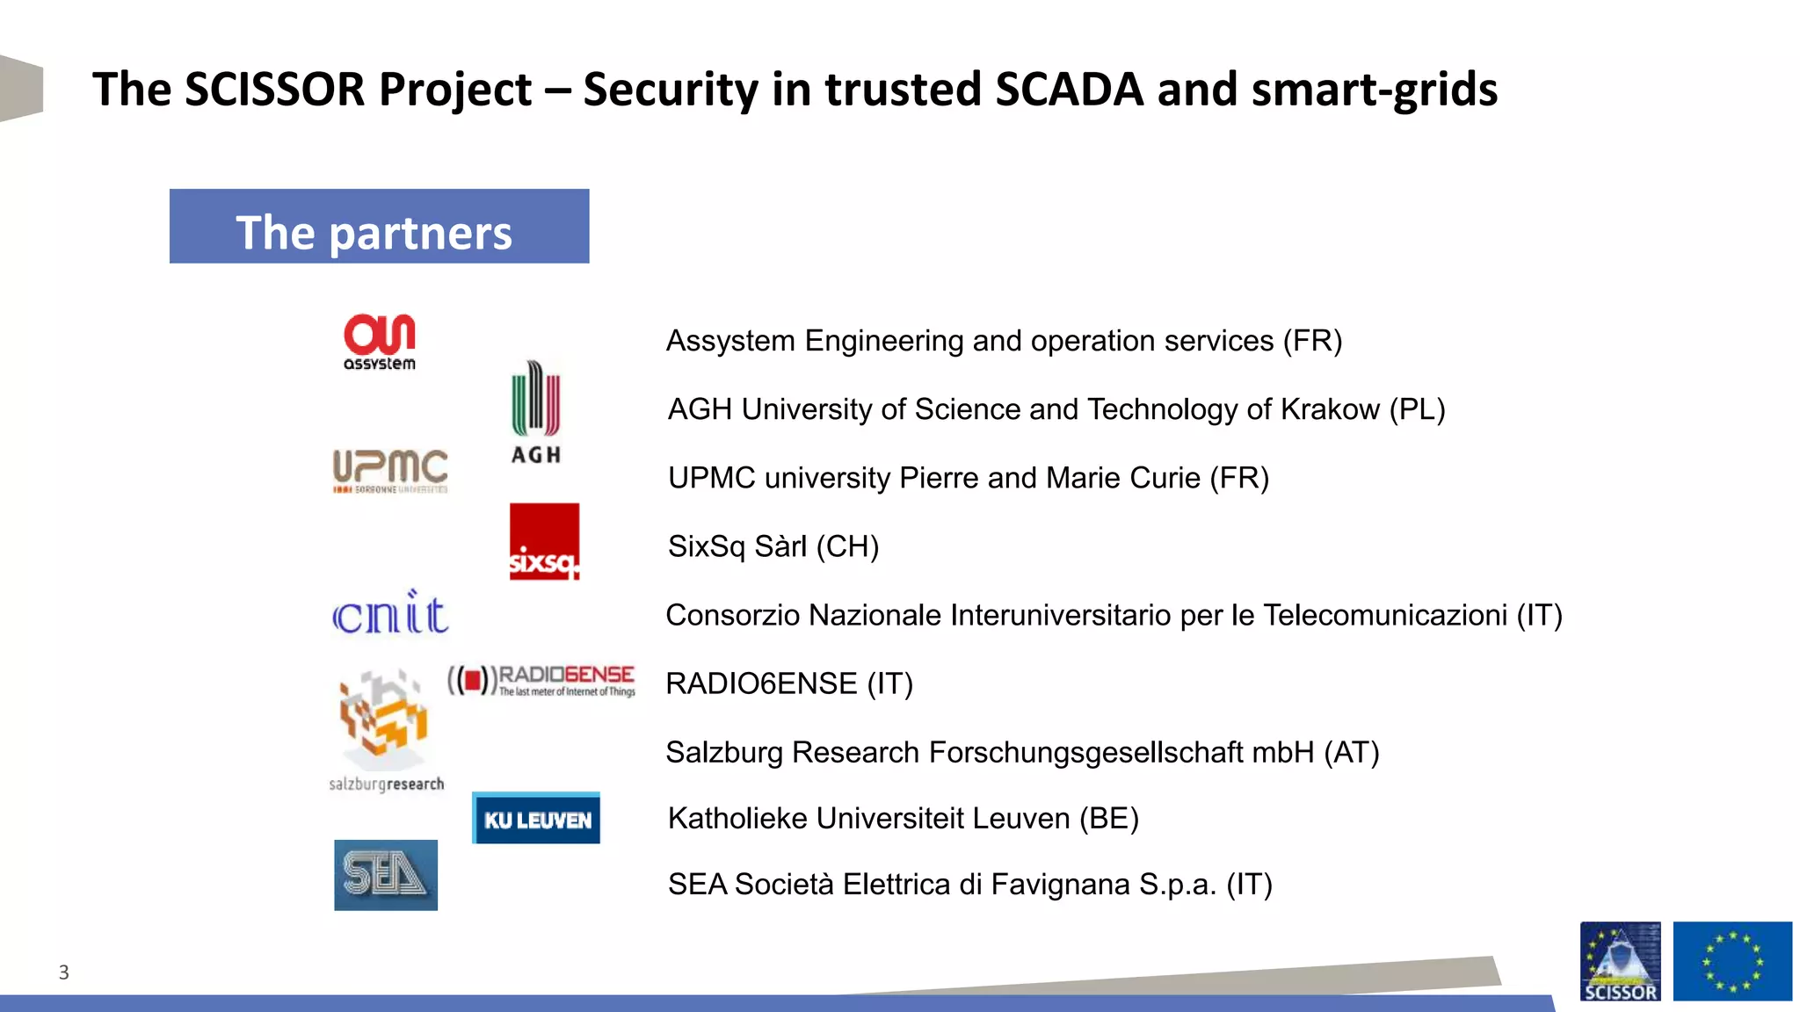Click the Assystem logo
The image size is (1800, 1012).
coord(380,342)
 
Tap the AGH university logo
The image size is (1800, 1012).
coord(536,411)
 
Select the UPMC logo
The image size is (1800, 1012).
coord(390,471)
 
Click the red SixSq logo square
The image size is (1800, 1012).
coord(544,541)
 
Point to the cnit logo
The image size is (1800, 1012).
coord(390,613)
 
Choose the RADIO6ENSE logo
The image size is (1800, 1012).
coord(541,680)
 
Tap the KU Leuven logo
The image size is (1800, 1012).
coord(536,819)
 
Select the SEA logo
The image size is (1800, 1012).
coord(386,875)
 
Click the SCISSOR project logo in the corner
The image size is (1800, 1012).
coord(1620,961)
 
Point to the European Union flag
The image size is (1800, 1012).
coord(1731,961)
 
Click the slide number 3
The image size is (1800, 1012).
coord(63,972)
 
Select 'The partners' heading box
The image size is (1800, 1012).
coord(379,227)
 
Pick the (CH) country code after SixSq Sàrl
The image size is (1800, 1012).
coord(847,546)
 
